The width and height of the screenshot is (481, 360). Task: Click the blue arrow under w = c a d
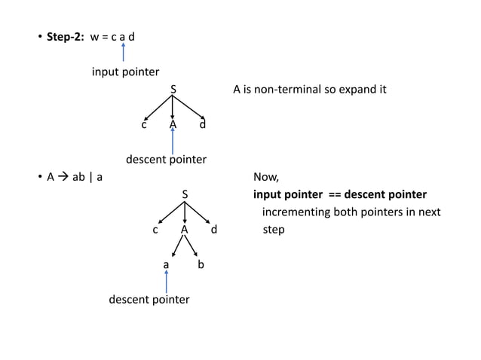123,52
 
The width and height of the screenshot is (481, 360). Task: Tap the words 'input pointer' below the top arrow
125,72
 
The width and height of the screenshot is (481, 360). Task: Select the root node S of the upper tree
173,90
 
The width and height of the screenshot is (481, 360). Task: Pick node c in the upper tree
143,124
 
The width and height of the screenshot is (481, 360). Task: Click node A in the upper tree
173,124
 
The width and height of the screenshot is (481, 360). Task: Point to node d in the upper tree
202,124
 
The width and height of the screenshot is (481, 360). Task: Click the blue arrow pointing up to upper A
173,141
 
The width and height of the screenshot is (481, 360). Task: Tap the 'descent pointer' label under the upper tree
165,160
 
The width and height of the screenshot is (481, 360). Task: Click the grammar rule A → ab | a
75,178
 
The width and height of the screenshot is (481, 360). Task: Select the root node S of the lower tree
185,195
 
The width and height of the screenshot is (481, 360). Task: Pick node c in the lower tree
155,230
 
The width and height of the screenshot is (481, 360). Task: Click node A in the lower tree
184,230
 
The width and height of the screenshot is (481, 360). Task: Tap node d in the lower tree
214,230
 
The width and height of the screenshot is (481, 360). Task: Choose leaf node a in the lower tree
167,265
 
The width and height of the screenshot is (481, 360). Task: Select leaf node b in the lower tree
201,265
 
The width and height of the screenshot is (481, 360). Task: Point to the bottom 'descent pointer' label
149,300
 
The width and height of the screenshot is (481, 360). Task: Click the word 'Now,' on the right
266,178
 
